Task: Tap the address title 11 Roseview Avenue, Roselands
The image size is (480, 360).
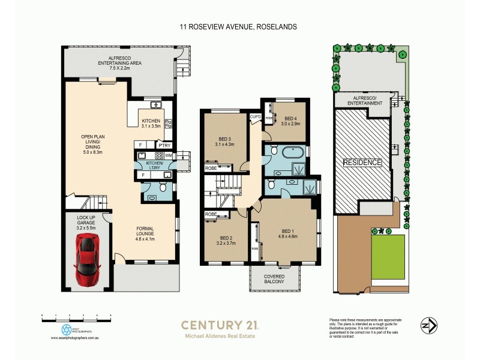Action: (239, 27)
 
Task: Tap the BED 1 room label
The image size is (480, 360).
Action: (288, 232)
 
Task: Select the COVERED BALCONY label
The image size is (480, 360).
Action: (275, 280)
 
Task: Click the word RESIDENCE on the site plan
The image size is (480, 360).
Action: (361, 163)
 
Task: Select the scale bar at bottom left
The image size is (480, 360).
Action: (76, 315)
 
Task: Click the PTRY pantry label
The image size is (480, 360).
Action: (164, 145)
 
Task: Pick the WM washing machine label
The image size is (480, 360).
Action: (168, 155)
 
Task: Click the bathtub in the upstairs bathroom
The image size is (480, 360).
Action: (286, 152)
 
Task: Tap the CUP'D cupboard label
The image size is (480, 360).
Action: (254, 116)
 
